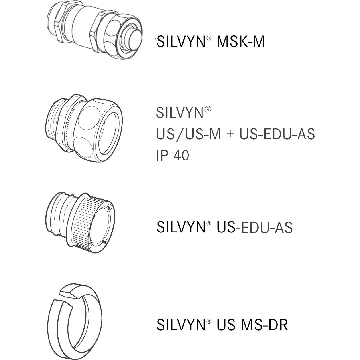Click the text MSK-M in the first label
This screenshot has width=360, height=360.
pos(240,42)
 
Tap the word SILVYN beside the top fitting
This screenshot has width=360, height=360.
pos(181,42)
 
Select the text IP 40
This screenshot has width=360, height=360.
pos(173,155)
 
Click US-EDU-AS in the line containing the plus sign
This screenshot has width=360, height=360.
pos(277,134)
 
